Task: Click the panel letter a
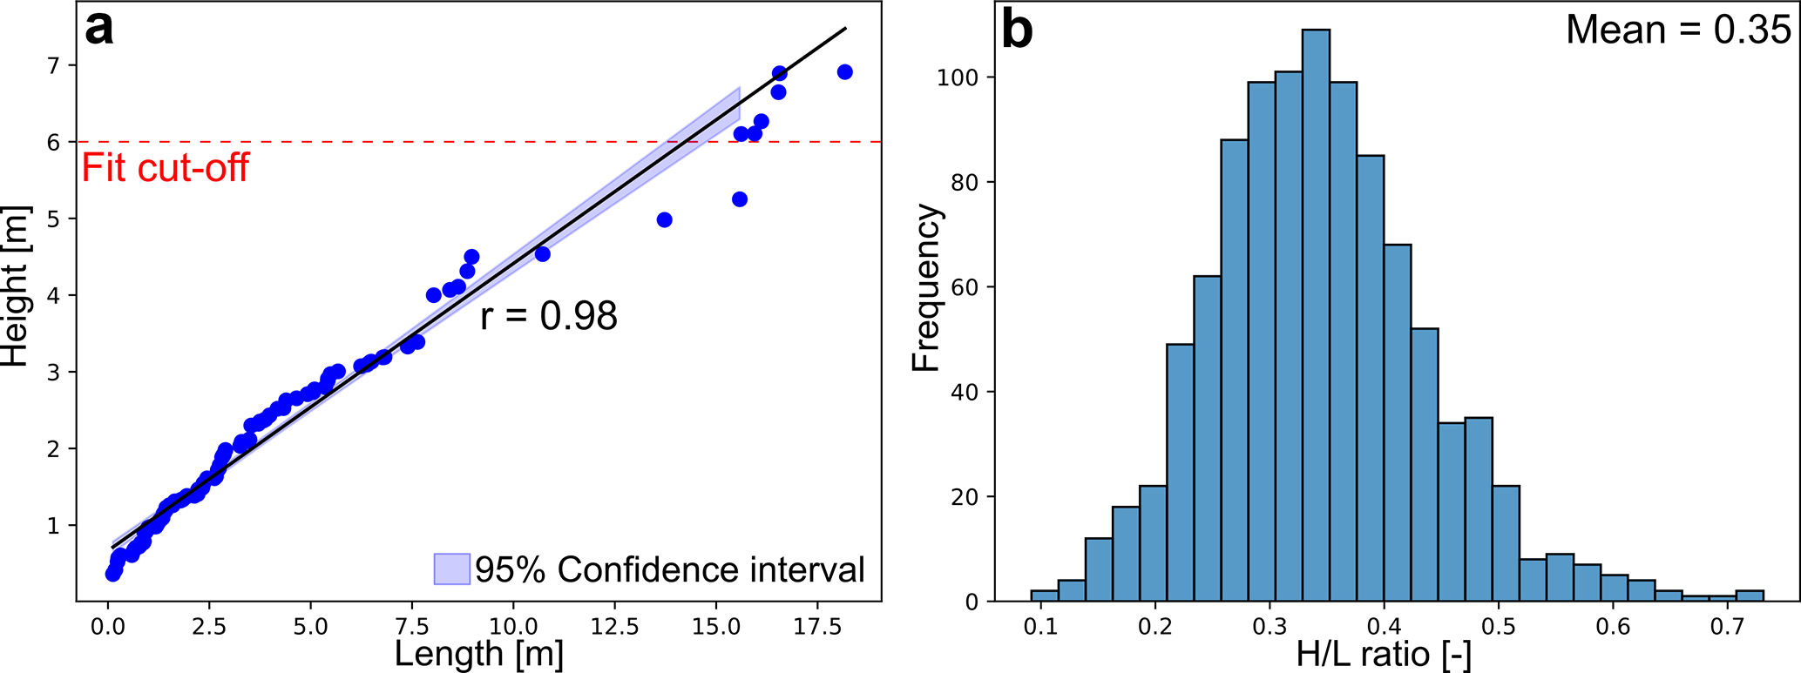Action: (x=99, y=29)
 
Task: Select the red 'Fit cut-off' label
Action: (x=166, y=167)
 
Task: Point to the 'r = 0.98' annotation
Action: (x=549, y=315)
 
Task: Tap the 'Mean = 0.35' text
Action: (x=1677, y=30)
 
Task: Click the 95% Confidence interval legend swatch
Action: (x=451, y=569)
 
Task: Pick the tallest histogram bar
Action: (x=1316, y=313)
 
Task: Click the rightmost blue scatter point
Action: (x=844, y=72)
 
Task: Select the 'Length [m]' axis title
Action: (x=479, y=654)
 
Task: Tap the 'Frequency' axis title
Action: (x=926, y=287)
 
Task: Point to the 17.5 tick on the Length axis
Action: (x=817, y=626)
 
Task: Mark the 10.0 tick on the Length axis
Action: (x=513, y=626)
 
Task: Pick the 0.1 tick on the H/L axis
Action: (x=1041, y=627)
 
